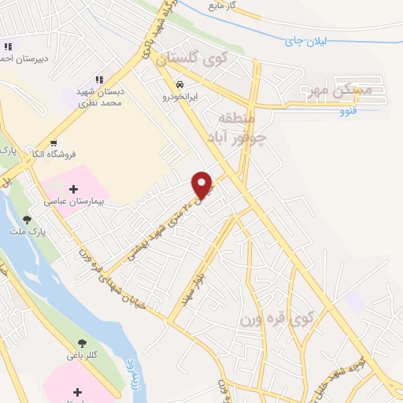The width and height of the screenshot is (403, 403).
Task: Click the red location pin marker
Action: pyautogui.click(x=202, y=185)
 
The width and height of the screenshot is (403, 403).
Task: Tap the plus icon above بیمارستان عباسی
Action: pyautogui.click(x=74, y=189)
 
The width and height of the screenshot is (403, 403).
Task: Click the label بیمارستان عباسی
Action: pyautogui.click(x=75, y=202)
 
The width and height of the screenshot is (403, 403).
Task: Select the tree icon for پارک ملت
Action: pyautogui.click(x=28, y=220)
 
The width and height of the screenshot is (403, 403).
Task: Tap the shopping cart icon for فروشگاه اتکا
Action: pyautogui.click(x=54, y=143)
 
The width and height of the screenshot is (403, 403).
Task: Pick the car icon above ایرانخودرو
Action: pyautogui.click(x=180, y=83)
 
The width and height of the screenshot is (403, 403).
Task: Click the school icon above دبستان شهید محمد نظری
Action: pyautogui.click(x=100, y=79)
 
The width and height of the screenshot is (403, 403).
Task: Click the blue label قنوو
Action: pyautogui.click(x=347, y=112)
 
